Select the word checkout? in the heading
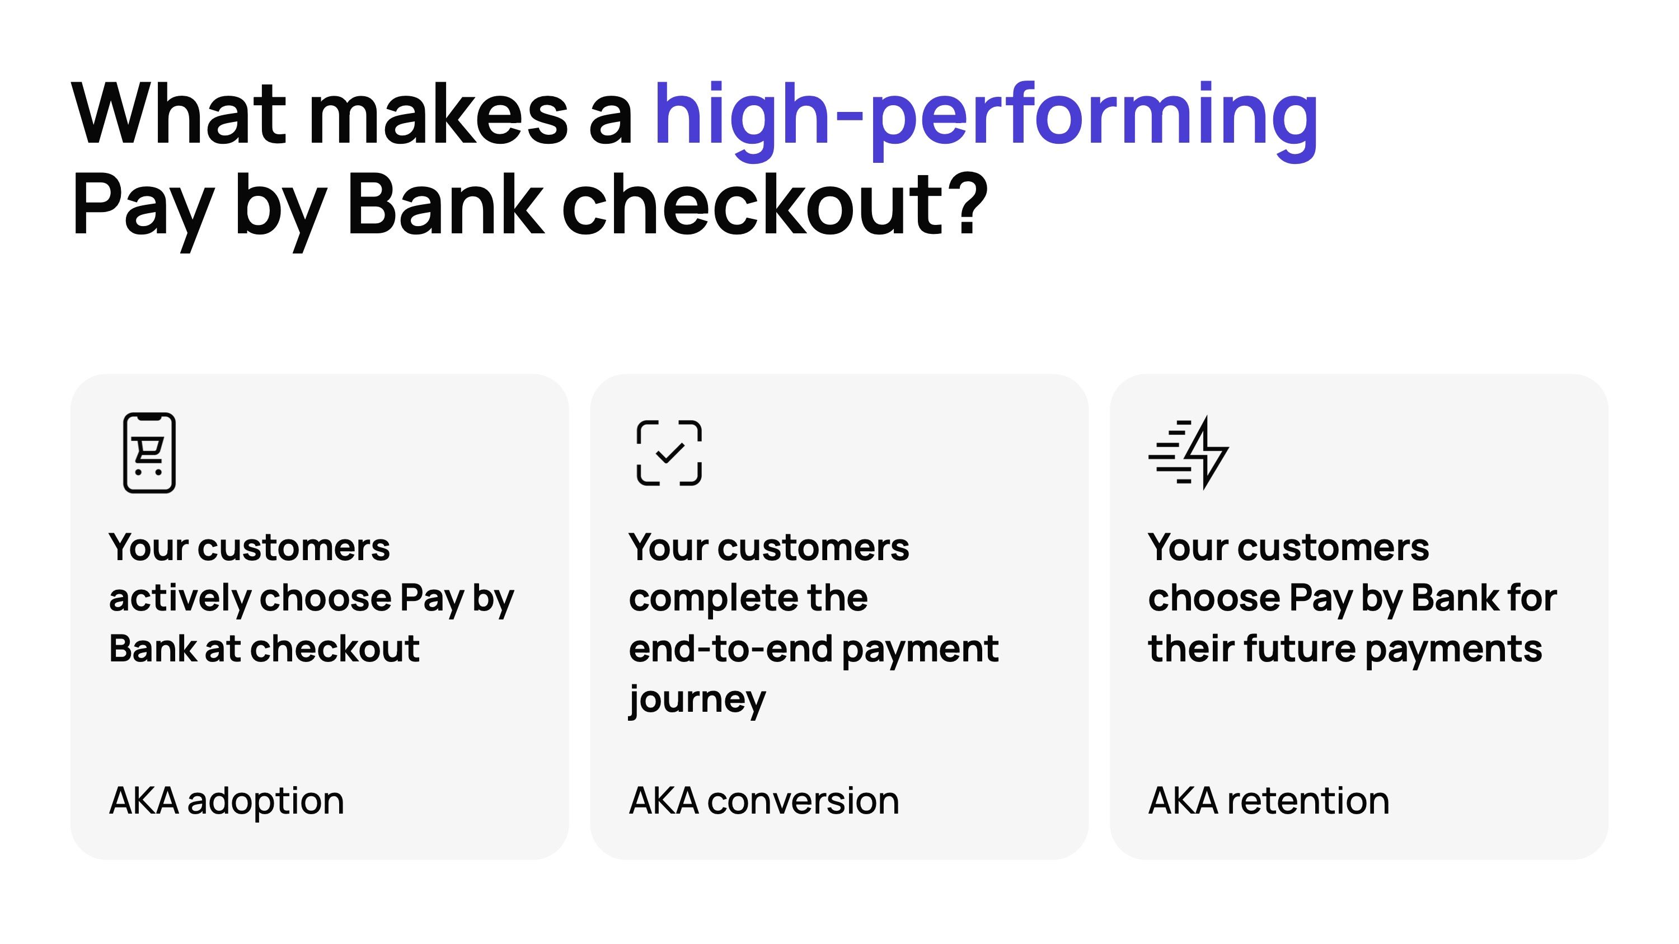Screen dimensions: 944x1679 [x=775, y=205]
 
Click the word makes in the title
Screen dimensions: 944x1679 [x=438, y=114]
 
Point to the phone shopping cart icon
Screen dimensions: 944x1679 [x=149, y=453]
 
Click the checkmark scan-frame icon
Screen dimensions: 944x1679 [x=669, y=453]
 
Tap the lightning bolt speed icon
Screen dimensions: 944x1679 [x=1189, y=453]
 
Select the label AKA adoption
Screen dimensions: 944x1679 [x=226, y=801]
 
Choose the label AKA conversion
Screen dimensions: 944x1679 [x=763, y=801]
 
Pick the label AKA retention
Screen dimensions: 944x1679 [x=1268, y=801]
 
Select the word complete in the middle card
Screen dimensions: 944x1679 [x=712, y=598]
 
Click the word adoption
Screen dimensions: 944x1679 [x=265, y=801]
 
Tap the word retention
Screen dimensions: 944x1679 [x=1308, y=801]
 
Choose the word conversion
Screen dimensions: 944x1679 [x=803, y=801]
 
